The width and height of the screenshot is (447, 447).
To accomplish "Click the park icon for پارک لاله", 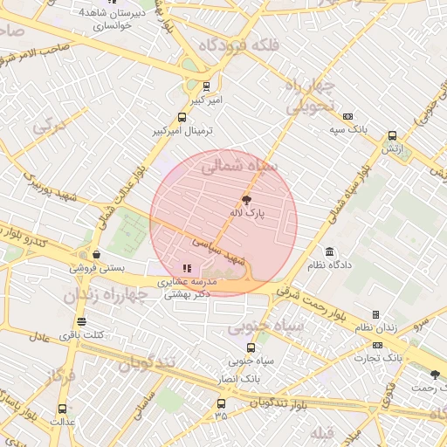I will [245, 200].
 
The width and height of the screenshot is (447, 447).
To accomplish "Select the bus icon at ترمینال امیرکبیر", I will [182, 118].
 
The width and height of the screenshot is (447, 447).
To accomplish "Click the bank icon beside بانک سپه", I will [347, 117].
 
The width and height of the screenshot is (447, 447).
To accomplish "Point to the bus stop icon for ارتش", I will [392, 136].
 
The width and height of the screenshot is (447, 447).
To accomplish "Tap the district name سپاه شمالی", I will [237, 165].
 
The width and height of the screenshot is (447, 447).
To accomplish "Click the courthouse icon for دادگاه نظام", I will [329, 251].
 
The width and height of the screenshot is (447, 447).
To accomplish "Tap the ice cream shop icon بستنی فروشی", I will [95, 254].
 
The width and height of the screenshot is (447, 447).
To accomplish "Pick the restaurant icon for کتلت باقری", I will [81, 321].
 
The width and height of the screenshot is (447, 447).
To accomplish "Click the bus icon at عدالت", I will [62, 408].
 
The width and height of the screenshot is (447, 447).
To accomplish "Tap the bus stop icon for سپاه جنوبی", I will [252, 347].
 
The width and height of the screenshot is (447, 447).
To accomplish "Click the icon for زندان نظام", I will [376, 314].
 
